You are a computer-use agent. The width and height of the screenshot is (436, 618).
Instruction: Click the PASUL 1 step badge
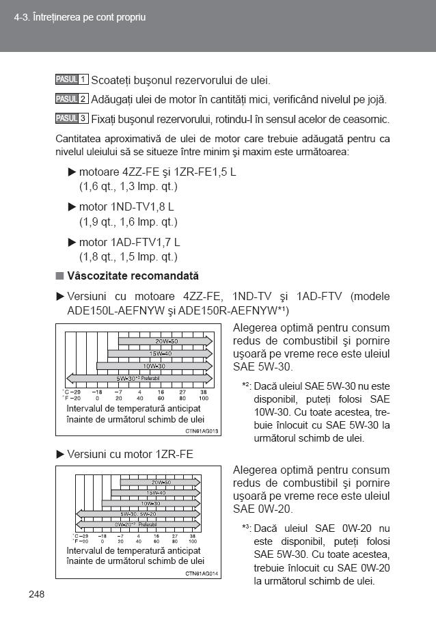coord(71,80)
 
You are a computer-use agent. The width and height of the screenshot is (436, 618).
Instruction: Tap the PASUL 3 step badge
coord(71,118)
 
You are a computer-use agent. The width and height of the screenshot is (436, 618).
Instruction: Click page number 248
coord(37,593)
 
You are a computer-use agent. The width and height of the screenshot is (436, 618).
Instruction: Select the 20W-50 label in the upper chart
coord(166,341)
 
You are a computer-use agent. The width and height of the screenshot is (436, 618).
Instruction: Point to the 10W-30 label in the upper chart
coord(154,366)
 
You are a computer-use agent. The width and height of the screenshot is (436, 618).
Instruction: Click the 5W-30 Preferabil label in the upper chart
coord(137,378)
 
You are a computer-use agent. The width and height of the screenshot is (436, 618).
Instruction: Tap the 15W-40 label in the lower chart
coord(156,493)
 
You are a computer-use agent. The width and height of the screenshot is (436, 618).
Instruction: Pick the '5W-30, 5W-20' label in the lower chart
coord(138,513)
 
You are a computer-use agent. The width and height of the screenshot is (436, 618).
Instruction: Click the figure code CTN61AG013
coord(201,431)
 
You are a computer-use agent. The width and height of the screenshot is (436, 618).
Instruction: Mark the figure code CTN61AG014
coord(201,573)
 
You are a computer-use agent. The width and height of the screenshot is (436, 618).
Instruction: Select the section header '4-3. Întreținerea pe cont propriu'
coord(80,17)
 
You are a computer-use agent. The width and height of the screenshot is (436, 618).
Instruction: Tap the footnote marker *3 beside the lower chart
coord(247,528)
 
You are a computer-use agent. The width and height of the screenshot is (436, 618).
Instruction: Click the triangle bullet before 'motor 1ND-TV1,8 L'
coord(72,206)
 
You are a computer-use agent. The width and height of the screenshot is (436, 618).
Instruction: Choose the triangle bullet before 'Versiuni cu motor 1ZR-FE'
coord(60,454)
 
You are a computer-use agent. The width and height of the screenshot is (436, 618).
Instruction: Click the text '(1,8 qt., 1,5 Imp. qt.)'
coord(128,257)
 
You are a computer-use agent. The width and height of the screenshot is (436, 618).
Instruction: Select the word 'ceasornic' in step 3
coord(366,119)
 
